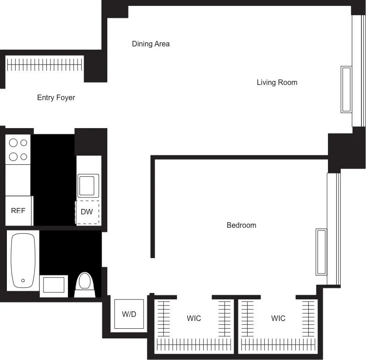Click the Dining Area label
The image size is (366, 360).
click(150, 44)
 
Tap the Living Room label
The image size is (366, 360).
click(277, 83)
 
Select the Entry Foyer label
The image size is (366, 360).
click(56, 98)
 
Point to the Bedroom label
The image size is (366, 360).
click(241, 225)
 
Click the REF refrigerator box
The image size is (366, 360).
click(18, 211)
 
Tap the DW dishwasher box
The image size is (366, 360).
click(87, 212)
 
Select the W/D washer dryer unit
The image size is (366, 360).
click(129, 314)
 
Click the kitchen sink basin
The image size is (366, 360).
click(88, 186)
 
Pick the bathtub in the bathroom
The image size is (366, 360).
click(23, 260)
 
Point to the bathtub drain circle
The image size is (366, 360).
click(23, 280)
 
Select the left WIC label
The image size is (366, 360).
click(194, 318)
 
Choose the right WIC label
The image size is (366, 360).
click(278, 318)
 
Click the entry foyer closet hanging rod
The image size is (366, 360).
click(45, 65)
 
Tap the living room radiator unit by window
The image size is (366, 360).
click(346, 90)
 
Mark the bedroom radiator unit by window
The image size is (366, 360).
click(321, 252)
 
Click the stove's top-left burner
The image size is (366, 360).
click(13, 143)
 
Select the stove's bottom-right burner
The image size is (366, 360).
click(24, 157)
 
